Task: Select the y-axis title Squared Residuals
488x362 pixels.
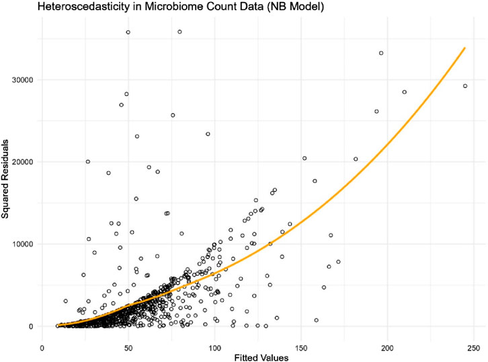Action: point(6,180)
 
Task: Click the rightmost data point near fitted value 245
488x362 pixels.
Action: point(465,86)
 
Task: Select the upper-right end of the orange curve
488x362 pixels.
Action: point(465,48)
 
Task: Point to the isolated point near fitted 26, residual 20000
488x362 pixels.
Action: point(88,161)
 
